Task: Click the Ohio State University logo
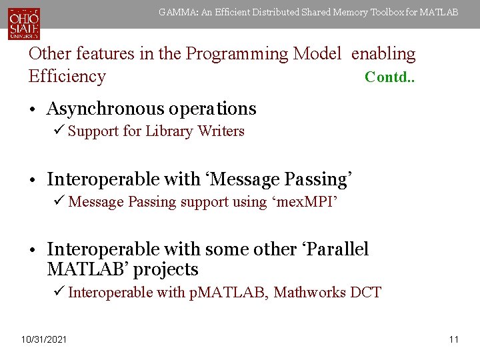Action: pos(24,23)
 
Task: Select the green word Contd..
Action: pos(389,77)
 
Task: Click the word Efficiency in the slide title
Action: pos(67,76)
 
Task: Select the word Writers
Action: pos(221,131)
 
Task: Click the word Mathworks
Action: pos(309,292)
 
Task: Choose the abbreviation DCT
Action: pos(365,292)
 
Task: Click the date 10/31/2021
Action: pos(44,340)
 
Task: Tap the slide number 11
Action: pos(454,340)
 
